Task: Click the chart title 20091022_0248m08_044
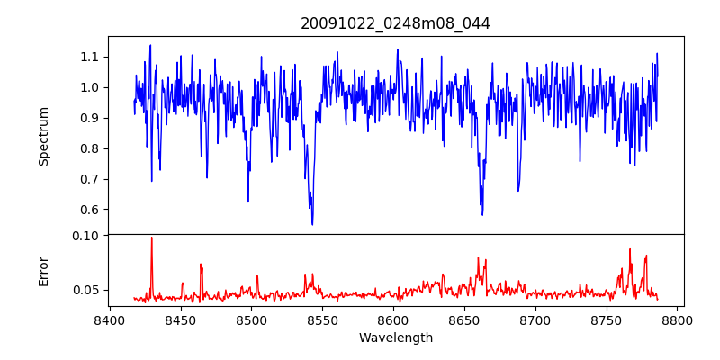[395, 23]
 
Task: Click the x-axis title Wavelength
[395, 337]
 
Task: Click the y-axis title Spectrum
[43, 136]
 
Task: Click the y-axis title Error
[43, 270]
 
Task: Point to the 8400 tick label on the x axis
[110, 319]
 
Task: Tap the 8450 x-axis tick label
[181, 319]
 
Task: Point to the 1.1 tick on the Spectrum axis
[88, 57]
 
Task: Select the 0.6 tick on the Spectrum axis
[88, 210]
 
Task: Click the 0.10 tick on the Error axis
[85, 236]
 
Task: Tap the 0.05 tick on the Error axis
[85, 290]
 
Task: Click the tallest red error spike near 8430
[151, 238]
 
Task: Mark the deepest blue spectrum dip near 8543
[312, 224]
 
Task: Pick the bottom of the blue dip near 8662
[482, 214]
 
